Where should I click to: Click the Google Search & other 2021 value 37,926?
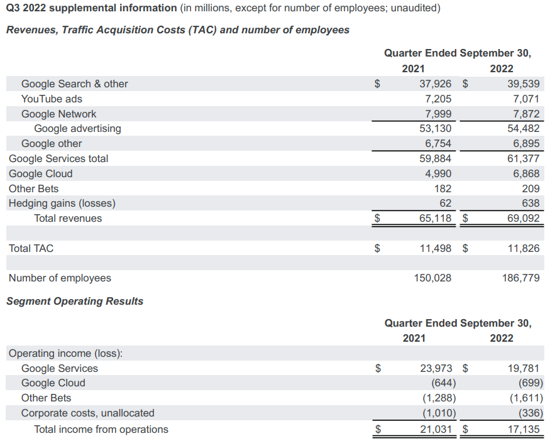point(435,84)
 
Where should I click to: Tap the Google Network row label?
point(58,114)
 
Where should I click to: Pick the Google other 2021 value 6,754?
point(438,143)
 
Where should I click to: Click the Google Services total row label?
point(58,158)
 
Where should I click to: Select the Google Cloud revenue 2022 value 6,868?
point(526,173)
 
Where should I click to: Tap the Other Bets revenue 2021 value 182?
point(442,188)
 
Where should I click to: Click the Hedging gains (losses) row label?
point(62,203)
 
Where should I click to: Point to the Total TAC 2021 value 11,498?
point(435,248)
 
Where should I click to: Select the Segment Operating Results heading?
point(75,301)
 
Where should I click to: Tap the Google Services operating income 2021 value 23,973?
point(435,368)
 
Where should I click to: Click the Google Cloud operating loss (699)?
point(531,383)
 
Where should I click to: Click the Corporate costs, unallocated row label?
point(87,413)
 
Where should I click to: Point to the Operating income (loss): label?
point(65,353)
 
